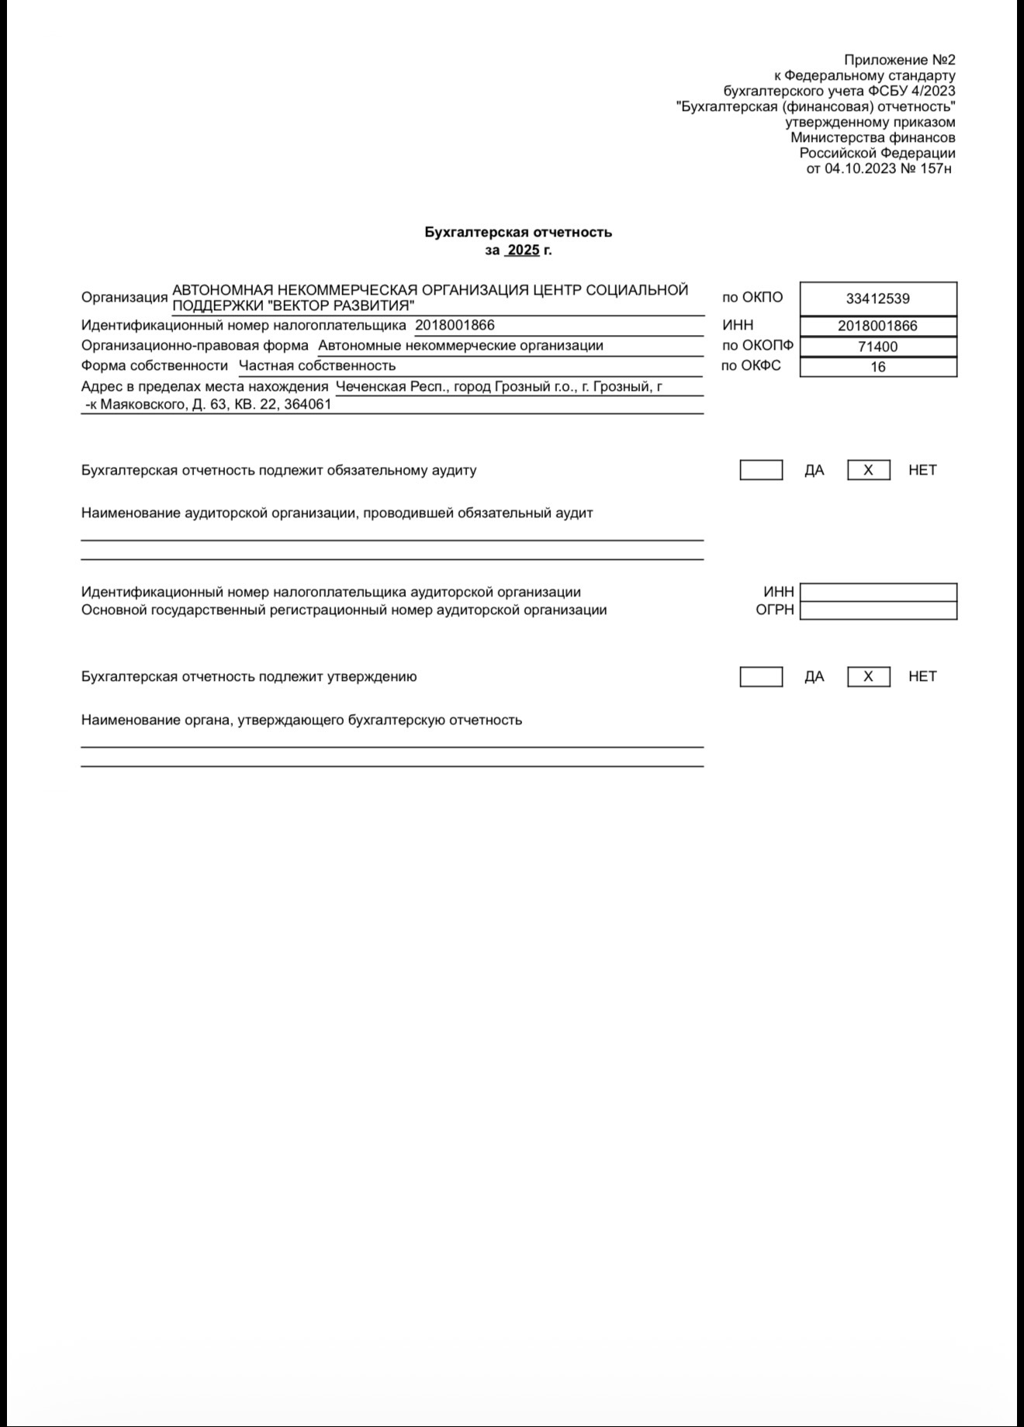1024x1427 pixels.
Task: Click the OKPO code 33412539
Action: coord(877,299)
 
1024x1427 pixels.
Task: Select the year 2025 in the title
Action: coord(523,251)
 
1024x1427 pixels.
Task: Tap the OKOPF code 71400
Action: coord(877,347)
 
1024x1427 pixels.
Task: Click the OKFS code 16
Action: coord(877,367)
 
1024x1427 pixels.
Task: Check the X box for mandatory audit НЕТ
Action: coord(868,470)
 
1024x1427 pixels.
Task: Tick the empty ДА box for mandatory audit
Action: coord(760,470)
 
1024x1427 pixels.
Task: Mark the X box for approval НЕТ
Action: coord(868,676)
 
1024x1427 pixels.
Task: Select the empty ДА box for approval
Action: coord(760,676)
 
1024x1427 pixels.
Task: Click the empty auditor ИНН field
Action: coord(877,593)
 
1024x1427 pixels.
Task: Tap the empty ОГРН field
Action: coord(877,610)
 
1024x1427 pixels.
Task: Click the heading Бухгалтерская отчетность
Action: coord(517,232)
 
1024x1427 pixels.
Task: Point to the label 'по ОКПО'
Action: coord(752,297)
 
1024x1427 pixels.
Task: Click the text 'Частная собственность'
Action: coord(317,365)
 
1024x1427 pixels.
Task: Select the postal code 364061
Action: coord(308,404)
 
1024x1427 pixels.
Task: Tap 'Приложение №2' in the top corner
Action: coord(899,60)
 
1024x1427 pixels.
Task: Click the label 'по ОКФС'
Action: coord(750,365)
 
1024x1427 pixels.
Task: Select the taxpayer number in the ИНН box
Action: coord(877,327)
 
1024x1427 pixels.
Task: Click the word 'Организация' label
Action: coord(124,297)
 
